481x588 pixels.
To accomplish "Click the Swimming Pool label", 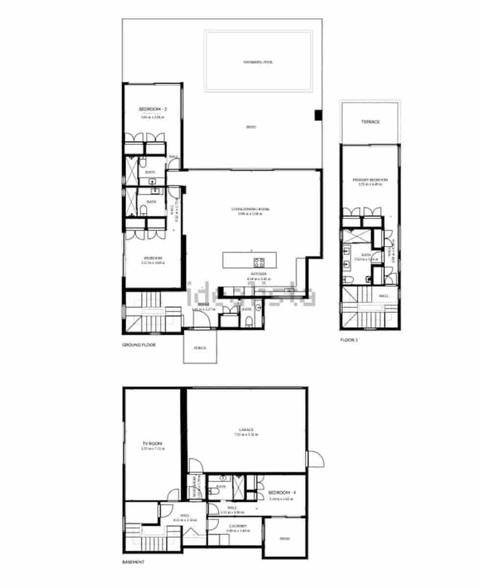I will tap(258, 62).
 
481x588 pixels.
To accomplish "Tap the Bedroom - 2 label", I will tap(153, 109).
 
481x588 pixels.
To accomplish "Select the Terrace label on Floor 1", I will tap(370, 122).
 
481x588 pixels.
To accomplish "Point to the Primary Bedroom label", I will tap(370, 180).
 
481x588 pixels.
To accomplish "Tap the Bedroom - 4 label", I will tap(281, 492).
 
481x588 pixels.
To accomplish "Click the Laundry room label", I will tap(237, 526).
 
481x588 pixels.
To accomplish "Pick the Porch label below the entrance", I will tap(200, 348).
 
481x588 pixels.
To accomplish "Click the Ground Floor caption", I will tap(139, 345).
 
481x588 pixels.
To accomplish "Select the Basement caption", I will tap(133, 563).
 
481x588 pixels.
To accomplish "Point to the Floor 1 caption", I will tap(349, 339).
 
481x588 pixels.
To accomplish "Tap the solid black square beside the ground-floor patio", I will tap(318, 115).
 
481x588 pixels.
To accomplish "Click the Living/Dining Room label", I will tap(250, 210).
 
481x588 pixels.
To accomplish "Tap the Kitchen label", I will tap(259, 273).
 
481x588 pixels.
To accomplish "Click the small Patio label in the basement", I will tap(285, 539).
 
